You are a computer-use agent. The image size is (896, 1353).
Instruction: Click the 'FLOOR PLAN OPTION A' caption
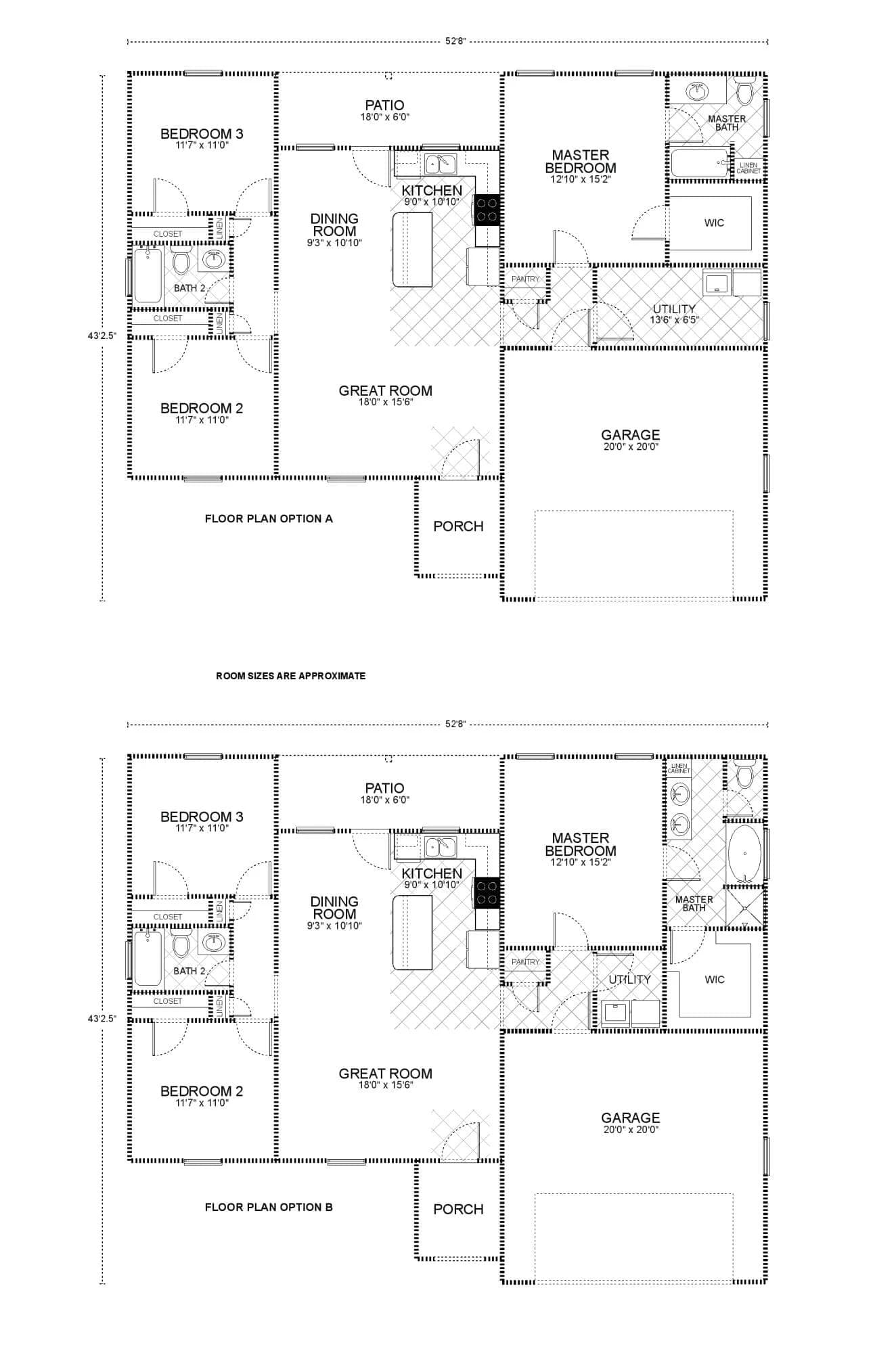pos(269,519)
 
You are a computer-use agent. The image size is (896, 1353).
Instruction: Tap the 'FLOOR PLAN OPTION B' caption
pos(269,1207)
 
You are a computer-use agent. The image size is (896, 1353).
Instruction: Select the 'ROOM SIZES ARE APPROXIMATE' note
pos(290,676)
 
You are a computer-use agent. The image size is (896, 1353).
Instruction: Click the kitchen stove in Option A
pos(487,209)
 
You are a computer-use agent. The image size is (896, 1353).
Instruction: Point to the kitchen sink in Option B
pos(440,846)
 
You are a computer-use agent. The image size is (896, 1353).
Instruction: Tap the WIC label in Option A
pos(714,223)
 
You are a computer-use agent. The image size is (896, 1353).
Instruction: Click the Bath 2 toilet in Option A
pos(181,260)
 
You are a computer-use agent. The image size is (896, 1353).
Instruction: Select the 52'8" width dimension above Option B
pos(455,724)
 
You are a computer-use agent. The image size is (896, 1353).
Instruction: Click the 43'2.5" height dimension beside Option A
pos(102,334)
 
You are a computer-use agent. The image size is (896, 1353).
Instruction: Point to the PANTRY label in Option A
pos(525,279)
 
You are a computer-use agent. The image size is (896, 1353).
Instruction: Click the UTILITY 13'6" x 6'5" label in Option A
pos(674,314)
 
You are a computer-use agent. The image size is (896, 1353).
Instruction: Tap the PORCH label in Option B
pos(458,1209)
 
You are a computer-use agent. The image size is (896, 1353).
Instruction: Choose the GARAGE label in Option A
pos(630,439)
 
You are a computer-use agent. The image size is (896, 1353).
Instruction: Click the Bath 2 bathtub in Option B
pos(148,958)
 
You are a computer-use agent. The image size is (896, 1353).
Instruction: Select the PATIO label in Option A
pos(384,110)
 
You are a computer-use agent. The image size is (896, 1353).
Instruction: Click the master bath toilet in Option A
pos(744,91)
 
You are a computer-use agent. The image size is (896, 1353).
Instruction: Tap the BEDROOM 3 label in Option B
pos(202,821)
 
